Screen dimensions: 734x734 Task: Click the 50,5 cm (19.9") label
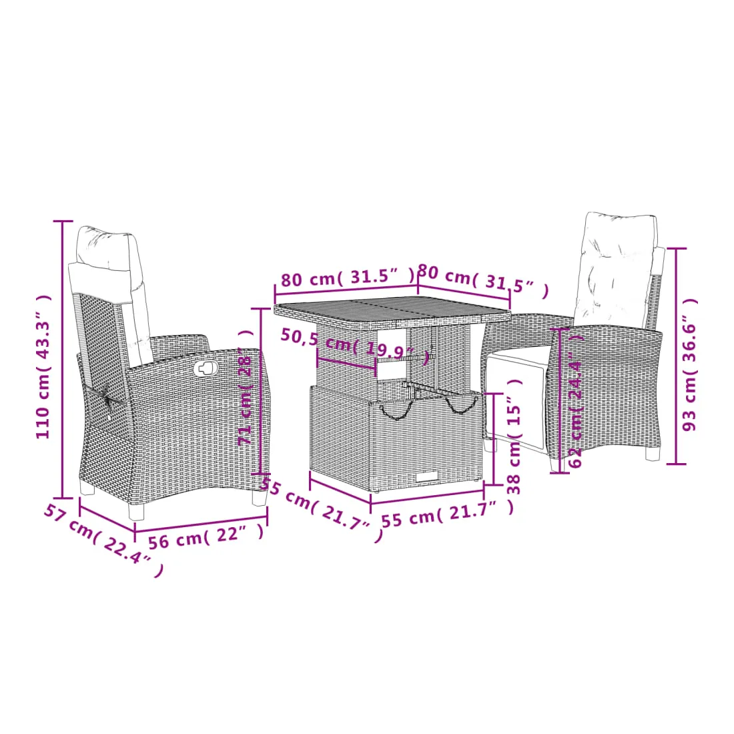coord(355,346)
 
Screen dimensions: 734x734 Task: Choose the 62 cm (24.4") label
coord(576,400)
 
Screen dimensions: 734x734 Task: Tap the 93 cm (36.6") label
coord(689,364)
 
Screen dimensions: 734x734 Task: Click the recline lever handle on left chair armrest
coord(205,368)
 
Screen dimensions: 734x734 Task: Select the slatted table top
coord(392,312)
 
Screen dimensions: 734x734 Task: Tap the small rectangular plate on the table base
coord(427,476)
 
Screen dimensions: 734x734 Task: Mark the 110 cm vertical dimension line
coord(63,360)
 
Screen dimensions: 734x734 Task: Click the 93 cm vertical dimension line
coord(676,356)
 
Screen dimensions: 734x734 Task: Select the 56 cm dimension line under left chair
coord(202,523)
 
